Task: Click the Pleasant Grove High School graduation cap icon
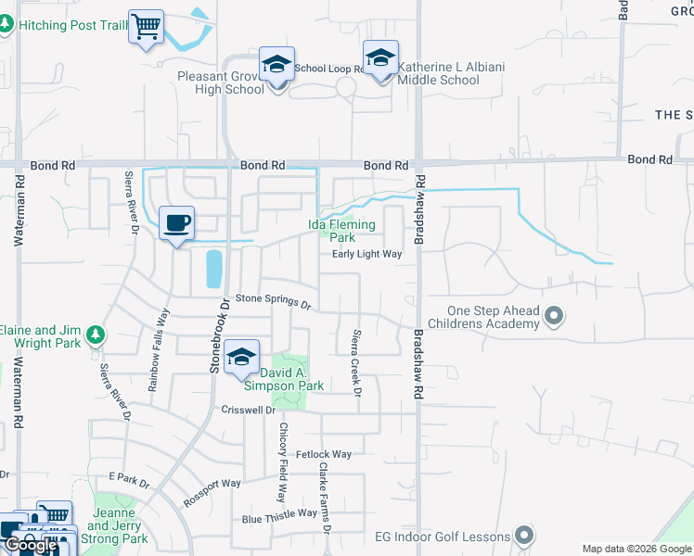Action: pos(276,65)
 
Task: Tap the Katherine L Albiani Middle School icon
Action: pos(380,58)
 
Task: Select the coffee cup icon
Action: pos(176,223)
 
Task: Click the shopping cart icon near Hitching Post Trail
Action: pos(146,28)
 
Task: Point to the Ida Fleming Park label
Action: pos(341,231)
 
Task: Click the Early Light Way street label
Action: pos(366,254)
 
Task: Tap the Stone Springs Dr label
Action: pos(272,299)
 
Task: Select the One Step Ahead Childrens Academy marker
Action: pos(554,317)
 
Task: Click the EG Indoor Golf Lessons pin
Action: pos(524,536)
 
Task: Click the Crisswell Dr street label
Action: pos(249,410)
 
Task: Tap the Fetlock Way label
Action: pos(324,454)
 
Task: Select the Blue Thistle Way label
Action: pos(279,514)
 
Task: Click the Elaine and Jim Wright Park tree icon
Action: pos(93,334)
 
